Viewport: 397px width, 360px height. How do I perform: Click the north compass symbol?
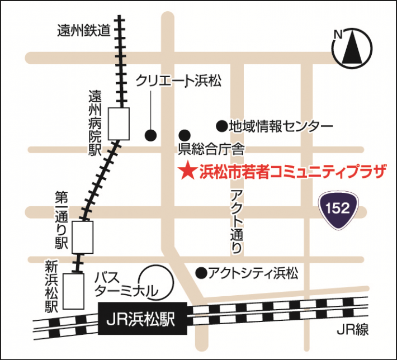(352, 48)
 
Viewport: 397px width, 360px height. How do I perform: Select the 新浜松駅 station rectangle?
(74, 290)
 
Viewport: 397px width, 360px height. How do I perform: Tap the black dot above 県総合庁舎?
(185, 135)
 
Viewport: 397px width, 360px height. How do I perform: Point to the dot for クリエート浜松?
(150, 135)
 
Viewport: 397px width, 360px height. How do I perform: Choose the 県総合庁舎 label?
(211, 149)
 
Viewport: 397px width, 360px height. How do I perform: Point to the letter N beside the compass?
(338, 35)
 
